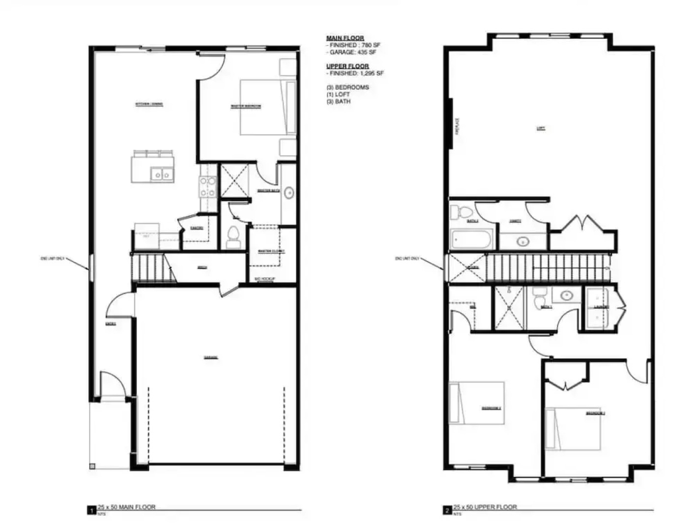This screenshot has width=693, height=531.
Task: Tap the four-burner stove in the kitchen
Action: click(208, 187)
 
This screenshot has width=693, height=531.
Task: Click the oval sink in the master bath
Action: click(289, 193)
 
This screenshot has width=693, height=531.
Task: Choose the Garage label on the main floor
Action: click(211, 357)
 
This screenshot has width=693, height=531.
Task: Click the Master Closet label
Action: click(271, 252)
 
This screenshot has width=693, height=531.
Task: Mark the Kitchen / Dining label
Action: click(149, 104)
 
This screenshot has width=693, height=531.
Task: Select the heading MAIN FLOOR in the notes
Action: click(345, 38)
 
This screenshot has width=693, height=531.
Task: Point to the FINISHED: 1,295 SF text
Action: click(356, 73)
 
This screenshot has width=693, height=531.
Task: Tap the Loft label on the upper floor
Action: click(541, 129)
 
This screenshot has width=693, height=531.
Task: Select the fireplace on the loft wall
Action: click(450, 123)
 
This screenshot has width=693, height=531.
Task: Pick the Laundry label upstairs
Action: click(601, 307)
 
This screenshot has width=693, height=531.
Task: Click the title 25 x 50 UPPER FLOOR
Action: click(485, 506)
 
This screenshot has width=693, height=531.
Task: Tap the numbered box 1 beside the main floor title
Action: click(91, 511)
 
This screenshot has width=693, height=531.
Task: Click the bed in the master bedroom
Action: click(268, 107)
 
